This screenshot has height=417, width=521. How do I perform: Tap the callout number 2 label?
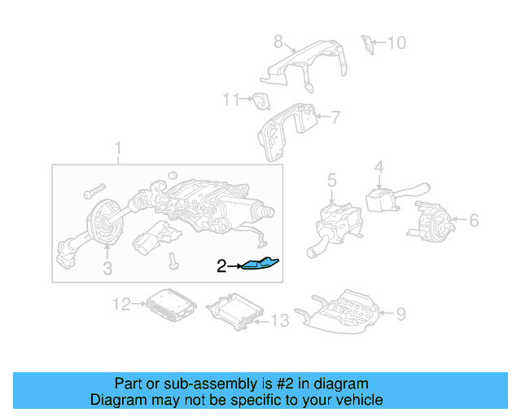point(221,266)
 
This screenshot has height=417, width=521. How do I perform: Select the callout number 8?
point(278,42)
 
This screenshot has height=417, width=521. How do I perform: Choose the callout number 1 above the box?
point(118,148)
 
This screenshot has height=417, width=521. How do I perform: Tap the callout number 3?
point(107,269)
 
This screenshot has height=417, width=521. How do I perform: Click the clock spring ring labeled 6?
point(430,218)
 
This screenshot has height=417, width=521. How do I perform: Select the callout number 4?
point(379,168)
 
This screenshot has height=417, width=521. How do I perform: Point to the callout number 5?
point(332,179)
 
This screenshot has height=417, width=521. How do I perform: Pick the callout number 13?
point(278,322)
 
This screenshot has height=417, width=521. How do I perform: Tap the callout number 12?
point(121,305)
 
